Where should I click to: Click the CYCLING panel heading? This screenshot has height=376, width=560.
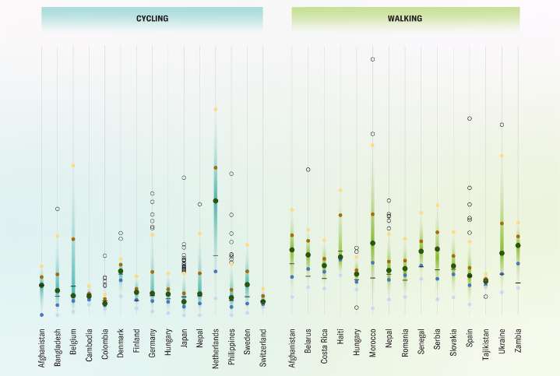[152, 18]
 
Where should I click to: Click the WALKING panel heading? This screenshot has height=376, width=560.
[405, 18]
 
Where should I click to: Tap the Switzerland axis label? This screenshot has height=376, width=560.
[263, 350]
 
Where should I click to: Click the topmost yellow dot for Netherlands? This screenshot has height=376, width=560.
[216, 110]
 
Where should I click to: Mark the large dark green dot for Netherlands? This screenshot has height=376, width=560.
[216, 201]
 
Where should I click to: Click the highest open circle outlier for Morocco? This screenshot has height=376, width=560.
[373, 59]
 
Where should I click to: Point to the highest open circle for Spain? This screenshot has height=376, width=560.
[470, 118]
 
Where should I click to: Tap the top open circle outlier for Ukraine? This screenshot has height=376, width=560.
[502, 125]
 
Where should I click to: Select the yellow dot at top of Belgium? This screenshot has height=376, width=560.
[73, 166]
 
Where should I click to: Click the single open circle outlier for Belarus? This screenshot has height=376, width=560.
[308, 169]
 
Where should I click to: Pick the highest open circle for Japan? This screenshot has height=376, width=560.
[184, 177]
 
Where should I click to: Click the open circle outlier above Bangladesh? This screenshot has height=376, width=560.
[57, 209]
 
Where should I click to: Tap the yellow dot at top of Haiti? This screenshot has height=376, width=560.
[340, 190]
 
